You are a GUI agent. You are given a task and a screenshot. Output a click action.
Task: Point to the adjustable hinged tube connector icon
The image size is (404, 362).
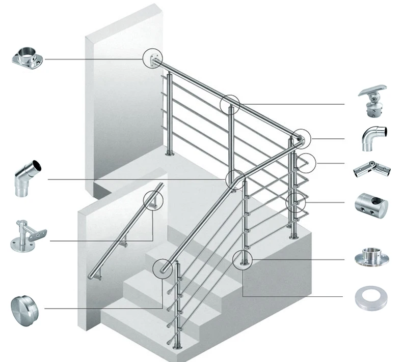371,168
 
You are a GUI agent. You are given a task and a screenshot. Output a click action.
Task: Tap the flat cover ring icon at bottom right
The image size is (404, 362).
370,299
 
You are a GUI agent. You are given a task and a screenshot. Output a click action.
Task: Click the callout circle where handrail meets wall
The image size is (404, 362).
153,59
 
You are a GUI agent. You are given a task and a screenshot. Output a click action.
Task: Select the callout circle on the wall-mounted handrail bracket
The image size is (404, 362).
152,200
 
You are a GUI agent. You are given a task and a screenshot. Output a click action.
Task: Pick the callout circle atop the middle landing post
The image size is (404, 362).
230,105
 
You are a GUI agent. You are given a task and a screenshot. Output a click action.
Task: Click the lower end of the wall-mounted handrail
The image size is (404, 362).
92,275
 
